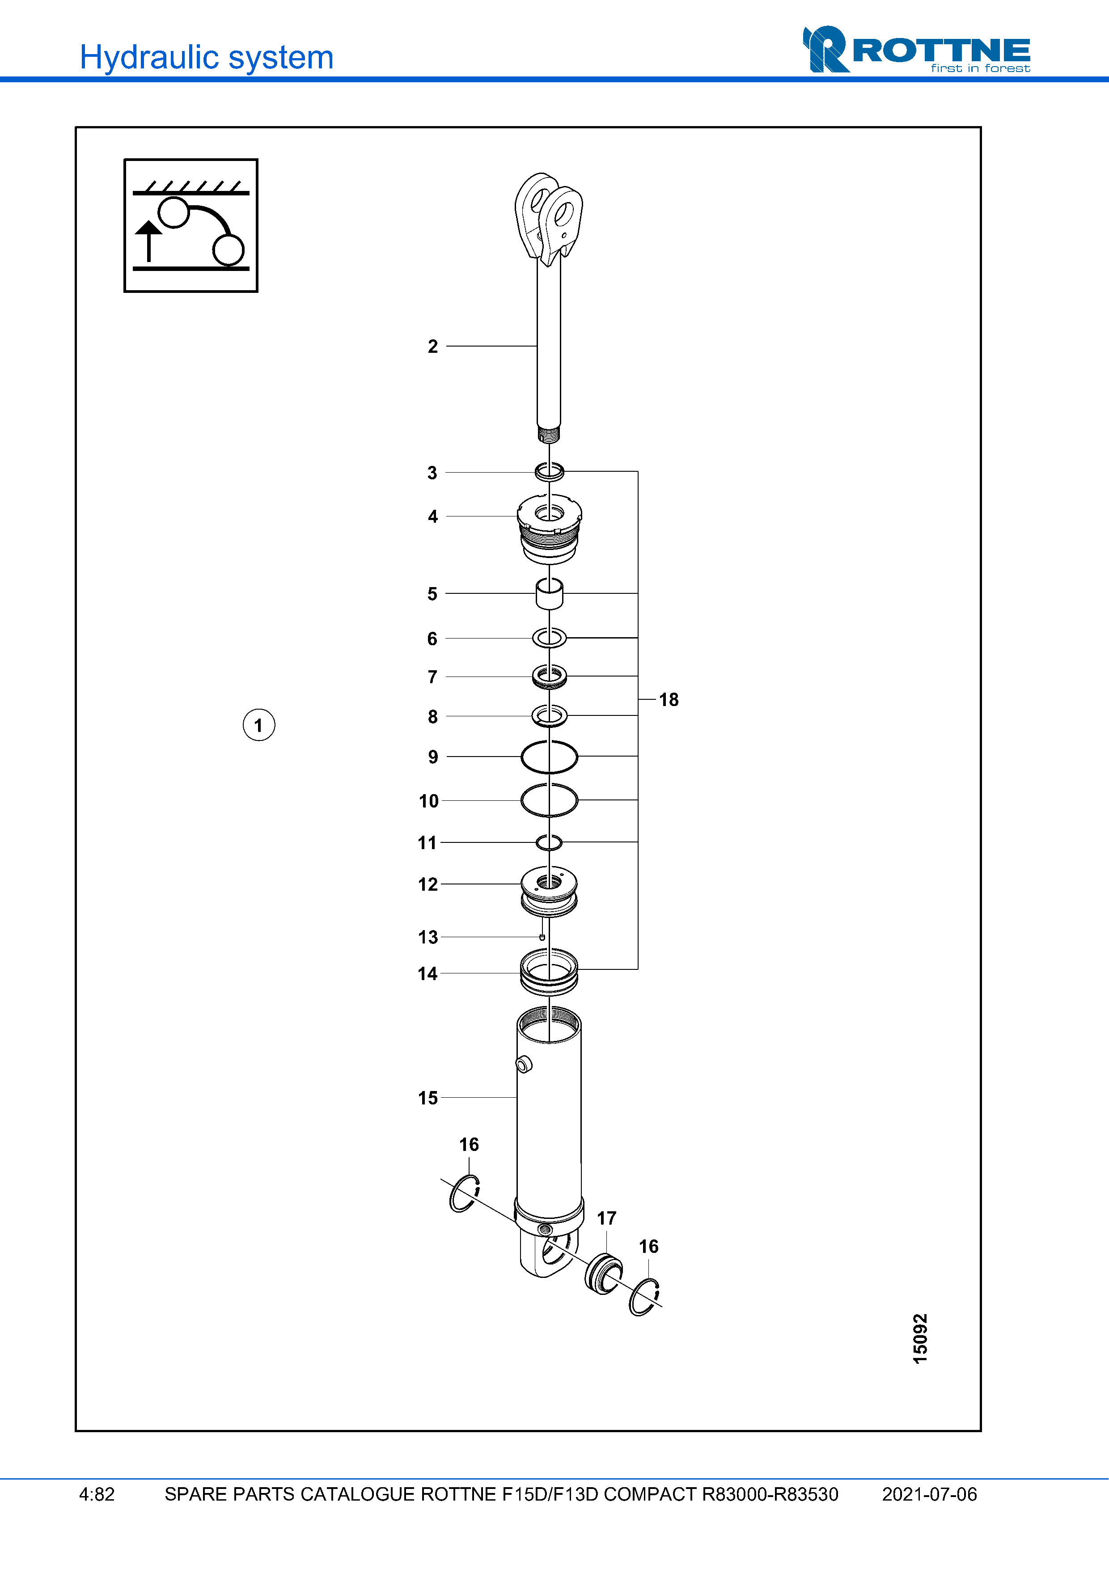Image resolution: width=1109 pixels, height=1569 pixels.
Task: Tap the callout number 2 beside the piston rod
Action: (432, 347)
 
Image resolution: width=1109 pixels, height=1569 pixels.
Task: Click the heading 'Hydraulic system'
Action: (206, 57)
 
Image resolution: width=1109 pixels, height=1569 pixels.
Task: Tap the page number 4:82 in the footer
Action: (97, 1494)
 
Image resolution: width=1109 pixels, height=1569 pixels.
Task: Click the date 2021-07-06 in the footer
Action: (929, 1494)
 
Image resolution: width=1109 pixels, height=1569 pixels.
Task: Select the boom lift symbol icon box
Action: (190, 225)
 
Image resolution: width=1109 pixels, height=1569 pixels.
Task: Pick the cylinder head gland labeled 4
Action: (550, 529)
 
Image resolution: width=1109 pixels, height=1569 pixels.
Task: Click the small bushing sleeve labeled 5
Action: (550, 593)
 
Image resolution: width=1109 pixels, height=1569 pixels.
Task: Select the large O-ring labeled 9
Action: (550, 757)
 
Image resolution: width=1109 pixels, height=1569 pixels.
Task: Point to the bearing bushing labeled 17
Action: (603, 1274)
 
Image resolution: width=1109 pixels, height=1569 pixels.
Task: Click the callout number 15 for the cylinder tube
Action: (428, 1097)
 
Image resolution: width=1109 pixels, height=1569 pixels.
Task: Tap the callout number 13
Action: (428, 937)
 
